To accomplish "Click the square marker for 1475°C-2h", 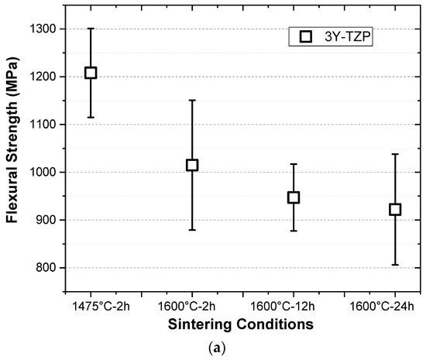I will click(91, 73).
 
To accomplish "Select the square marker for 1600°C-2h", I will click(192, 165).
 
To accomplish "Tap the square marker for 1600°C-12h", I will click(294, 197).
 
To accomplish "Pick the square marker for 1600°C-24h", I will click(395, 209).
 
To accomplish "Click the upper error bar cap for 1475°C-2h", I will click(91, 29).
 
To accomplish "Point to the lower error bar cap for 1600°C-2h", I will click(192, 230).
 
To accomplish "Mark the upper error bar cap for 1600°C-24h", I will click(395, 154).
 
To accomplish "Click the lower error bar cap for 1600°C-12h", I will click(294, 231).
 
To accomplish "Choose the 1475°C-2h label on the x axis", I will click(91, 304).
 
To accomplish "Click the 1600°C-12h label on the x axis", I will click(294, 304).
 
